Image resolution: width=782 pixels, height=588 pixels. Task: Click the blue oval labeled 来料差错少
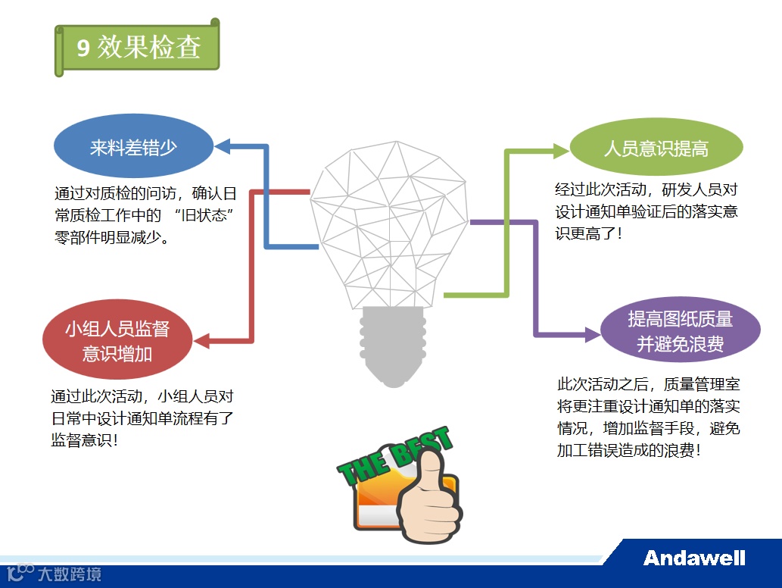point(133,146)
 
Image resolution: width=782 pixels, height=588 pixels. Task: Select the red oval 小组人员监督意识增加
point(117,340)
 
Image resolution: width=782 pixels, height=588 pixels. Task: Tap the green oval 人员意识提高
point(656,147)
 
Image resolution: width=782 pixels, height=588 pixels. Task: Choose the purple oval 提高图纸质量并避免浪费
point(680,332)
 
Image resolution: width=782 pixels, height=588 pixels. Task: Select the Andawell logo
point(694,558)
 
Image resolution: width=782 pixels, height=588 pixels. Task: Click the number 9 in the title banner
point(83,48)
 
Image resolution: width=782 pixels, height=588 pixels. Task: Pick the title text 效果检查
point(148,47)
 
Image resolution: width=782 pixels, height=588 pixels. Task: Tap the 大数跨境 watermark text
point(70,574)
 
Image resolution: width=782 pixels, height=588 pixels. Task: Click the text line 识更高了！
point(589,233)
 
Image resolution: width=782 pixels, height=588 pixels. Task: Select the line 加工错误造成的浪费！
point(628,450)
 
